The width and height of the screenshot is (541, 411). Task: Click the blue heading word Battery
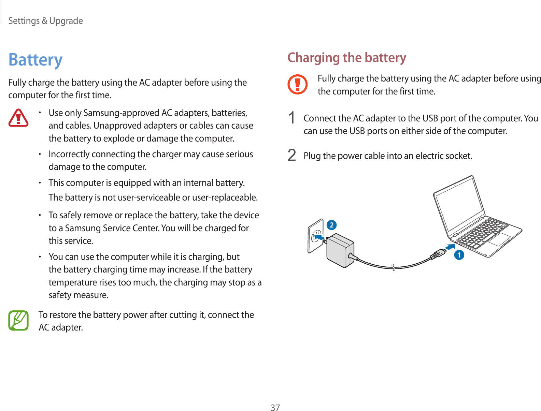(x=35, y=60)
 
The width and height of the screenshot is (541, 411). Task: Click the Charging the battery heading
(x=347, y=58)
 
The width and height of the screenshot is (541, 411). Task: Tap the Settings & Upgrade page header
(x=45, y=21)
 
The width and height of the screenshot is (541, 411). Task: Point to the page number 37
(x=275, y=408)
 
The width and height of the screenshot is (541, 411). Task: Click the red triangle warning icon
(x=18, y=118)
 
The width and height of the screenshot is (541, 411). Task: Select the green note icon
(x=18, y=320)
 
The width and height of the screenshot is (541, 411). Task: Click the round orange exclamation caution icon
(x=297, y=84)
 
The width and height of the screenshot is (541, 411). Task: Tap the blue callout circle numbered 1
(x=459, y=255)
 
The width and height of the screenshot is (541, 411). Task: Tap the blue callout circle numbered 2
(x=331, y=225)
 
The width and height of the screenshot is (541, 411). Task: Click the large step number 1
(x=292, y=118)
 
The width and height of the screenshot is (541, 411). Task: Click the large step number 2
(x=292, y=156)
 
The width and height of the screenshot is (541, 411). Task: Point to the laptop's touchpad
(x=500, y=239)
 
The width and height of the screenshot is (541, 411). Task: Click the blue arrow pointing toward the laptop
(x=450, y=247)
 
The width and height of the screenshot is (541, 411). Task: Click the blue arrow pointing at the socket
(x=319, y=237)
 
